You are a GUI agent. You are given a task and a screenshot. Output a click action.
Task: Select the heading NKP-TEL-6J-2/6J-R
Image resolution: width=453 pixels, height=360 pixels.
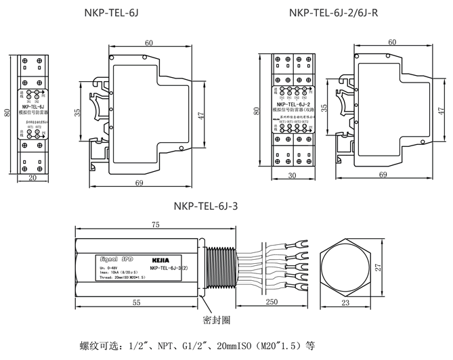tap(334, 12)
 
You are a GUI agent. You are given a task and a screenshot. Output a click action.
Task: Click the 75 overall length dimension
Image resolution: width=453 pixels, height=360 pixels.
tap(155, 225)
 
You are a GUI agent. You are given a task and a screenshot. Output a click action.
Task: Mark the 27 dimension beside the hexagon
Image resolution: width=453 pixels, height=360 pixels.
tap(379, 267)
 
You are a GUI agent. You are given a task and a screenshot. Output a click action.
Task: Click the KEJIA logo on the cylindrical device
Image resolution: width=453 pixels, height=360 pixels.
tap(160, 258)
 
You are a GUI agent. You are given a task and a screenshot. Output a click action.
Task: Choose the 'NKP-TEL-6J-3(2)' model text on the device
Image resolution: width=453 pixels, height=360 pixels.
tap(172, 268)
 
